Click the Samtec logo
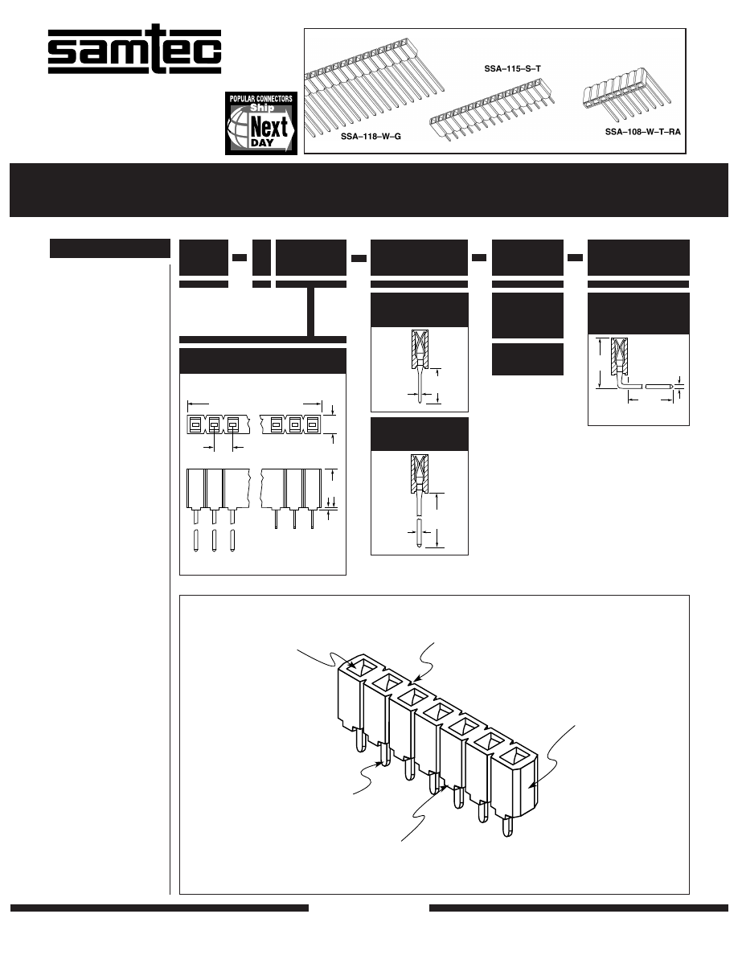point(134,49)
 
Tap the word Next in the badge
point(269,128)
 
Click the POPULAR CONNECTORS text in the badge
point(260,99)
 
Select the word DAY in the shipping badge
point(262,144)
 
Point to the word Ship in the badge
point(262,108)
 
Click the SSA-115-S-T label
point(512,69)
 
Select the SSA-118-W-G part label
point(371,137)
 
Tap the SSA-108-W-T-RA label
point(642,132)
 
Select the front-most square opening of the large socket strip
point(515,758)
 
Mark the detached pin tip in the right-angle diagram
point(659,386)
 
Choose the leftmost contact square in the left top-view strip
point(195,425)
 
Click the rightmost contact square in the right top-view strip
point(313,425)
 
